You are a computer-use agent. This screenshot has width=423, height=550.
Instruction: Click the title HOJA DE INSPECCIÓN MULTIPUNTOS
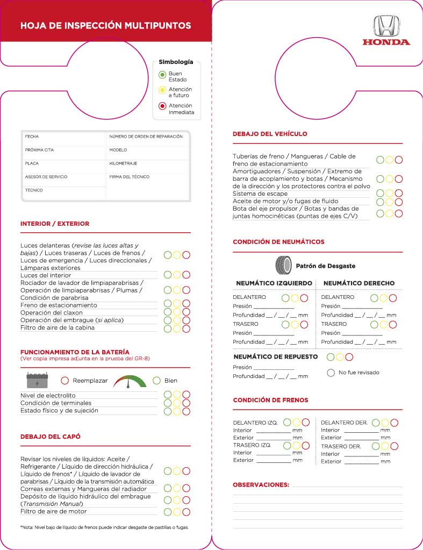[x=105, y=25]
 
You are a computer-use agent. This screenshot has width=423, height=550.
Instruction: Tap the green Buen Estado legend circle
[x=162, y=75]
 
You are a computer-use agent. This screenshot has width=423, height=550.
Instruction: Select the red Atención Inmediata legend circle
[x=162, y=106]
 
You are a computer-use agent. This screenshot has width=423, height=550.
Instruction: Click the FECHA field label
[x=32, y=137]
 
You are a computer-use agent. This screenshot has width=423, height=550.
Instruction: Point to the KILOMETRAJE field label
[x=123, y=163]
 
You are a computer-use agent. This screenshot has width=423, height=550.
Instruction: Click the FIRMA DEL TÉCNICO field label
[x=130, y=176]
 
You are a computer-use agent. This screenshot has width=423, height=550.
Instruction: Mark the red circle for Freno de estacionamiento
[x=186, y=304]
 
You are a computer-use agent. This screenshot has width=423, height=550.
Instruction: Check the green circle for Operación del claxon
[x=168, y=312]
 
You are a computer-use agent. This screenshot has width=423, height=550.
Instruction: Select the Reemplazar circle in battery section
[x=64, y=380]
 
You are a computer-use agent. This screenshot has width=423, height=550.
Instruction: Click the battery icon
[x=38, y=380]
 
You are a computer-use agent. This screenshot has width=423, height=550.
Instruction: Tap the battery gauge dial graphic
[x=130, y=381]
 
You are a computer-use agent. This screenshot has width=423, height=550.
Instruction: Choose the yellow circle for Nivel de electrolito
[x=177, y=395]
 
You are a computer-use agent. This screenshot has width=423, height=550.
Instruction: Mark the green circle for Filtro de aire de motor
[x=168, y=512]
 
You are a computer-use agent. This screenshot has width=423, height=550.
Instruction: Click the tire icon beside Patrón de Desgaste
[x=283, y=265]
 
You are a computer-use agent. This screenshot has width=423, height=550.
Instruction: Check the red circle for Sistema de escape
[x=398, y=193]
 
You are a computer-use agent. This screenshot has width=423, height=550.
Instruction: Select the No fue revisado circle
[x=331, y=373]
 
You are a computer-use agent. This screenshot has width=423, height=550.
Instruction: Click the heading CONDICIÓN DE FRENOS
[x=270, y=400]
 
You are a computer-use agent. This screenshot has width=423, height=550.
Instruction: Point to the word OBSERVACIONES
[x=261, y=484]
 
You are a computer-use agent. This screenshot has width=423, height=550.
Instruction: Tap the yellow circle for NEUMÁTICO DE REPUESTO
[x=340, y=356]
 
